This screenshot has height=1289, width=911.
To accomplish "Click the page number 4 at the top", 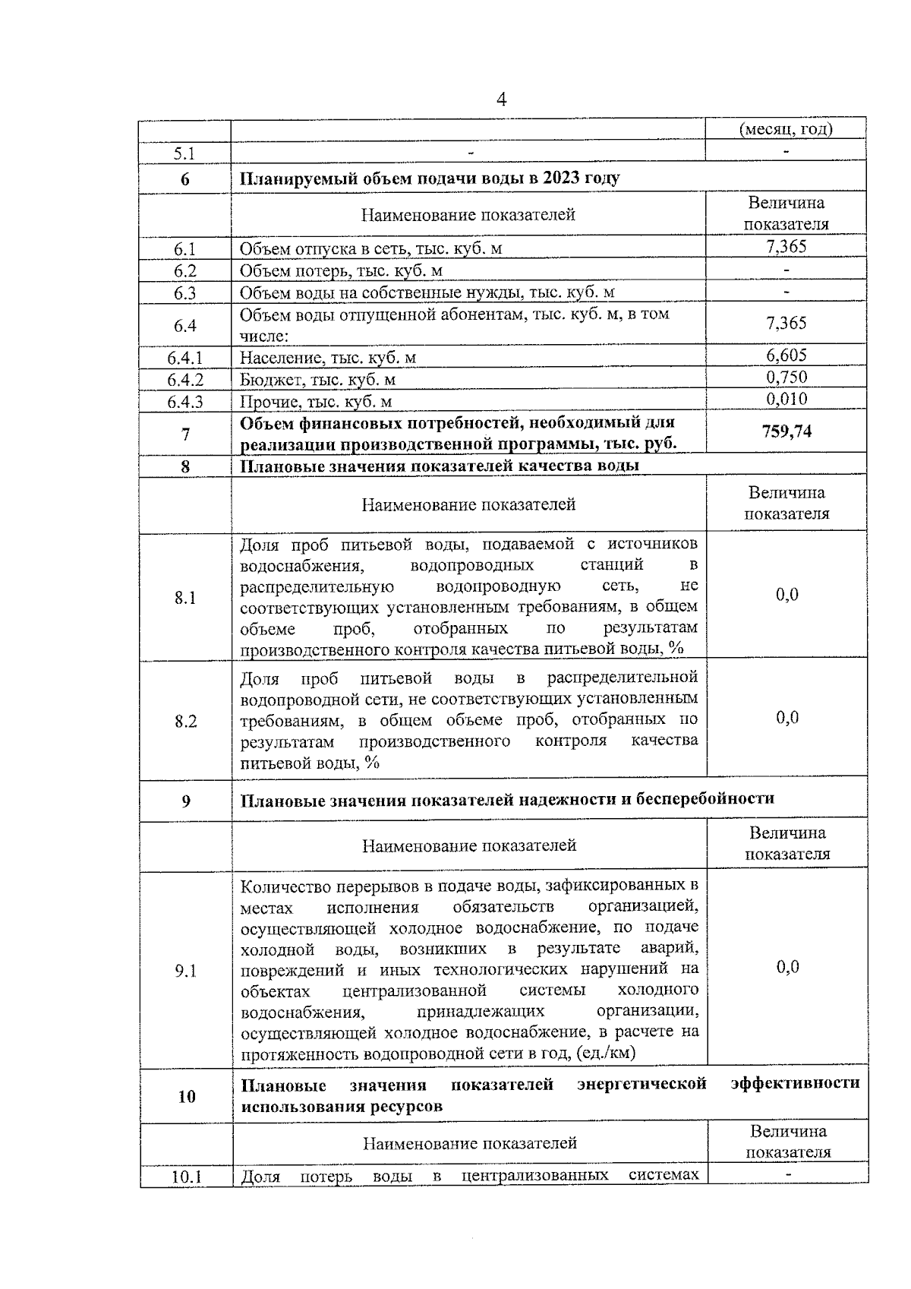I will pyautogui.click(x=501, y=100).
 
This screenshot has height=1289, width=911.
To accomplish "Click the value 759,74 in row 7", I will pyautogui.click(x=786, y=431).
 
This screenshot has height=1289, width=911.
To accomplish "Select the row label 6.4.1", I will pyautogui.click(x=185, y=357).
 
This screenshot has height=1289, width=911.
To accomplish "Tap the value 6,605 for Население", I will pyautogui.click(x=786, y=355).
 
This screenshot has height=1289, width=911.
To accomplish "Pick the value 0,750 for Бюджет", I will pyautogui.click(x=786, y=378).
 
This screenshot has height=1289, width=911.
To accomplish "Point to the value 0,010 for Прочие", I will pyautogui.click(x=786, y=400).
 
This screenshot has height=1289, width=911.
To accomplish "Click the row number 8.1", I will pyautogui.click(x=185, y=598).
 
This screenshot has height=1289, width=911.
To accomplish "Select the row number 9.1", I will pyautogui.click(x=185, y=970).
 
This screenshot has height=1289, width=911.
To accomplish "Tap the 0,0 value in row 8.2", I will pyautogui.click(x=787, y=718).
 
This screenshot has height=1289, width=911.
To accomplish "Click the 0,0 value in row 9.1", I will pyautogui.click(x=787, y=966).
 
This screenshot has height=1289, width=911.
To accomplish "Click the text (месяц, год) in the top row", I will pyautogui.click(x=786, y=129).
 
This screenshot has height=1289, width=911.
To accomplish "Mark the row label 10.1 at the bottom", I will pyautogui.click(x=186, y=1177).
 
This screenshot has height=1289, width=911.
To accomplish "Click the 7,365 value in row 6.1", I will pyautogui.click(x=786, y=246).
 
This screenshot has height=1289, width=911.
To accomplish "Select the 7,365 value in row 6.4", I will pyautogui.click(x=786, y=324).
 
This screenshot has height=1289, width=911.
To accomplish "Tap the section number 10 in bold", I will pyautogui.click(x=186, y=1096).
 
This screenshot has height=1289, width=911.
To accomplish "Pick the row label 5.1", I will pyautogui.click(x=185, y=153).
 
